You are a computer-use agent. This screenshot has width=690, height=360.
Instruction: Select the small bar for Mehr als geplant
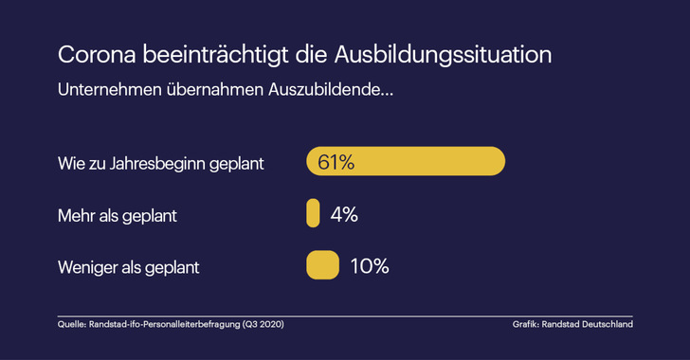(313, 214)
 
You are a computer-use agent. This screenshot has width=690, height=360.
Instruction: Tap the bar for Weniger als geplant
(322, 265)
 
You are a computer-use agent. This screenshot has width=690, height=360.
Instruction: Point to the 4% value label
(343, 214)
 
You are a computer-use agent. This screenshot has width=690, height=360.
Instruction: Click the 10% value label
(369, 265)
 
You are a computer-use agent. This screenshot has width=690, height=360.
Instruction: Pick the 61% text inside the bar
(336, 162)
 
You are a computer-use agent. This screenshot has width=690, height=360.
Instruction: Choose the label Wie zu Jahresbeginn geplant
(161, 163)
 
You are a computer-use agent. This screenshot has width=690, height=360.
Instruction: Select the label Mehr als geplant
(118, 215)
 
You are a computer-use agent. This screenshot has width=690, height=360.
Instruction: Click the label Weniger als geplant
(129, 266)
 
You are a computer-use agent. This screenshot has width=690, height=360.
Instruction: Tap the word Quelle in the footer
(71, 325)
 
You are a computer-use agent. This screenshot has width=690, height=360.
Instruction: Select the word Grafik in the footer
(526, 325)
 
